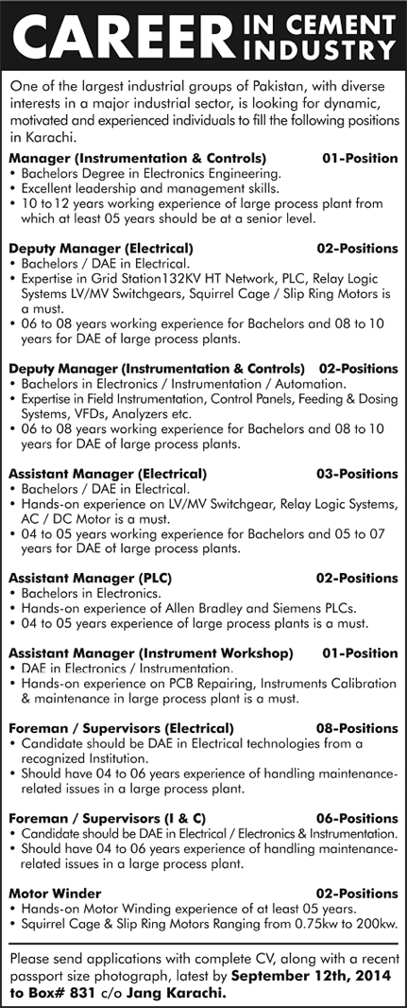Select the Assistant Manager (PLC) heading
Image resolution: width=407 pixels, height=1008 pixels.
coord(81,577)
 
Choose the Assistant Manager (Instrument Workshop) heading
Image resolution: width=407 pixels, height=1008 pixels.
coord(150,653)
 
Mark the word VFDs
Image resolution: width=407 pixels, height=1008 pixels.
coord(87,413)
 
